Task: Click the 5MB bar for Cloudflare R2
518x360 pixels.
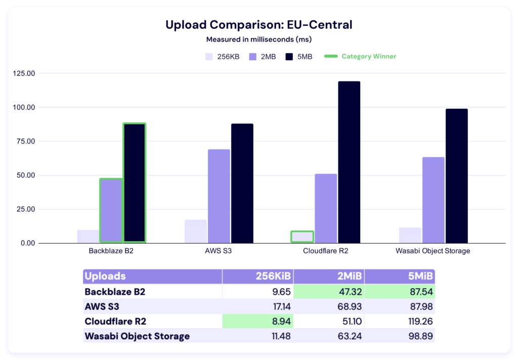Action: [349, 162]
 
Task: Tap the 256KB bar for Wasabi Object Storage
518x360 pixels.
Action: [410, 235]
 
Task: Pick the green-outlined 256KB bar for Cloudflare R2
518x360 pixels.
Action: [302, 237]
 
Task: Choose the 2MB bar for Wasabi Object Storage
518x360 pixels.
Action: [434, 200]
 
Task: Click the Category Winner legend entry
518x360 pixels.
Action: [360, 57]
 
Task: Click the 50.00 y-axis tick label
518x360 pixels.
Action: [25, 175]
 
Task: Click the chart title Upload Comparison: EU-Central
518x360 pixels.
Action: [258, 25]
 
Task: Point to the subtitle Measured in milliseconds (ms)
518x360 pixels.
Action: [258, 39]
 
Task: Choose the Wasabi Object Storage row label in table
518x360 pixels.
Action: [137, 336]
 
